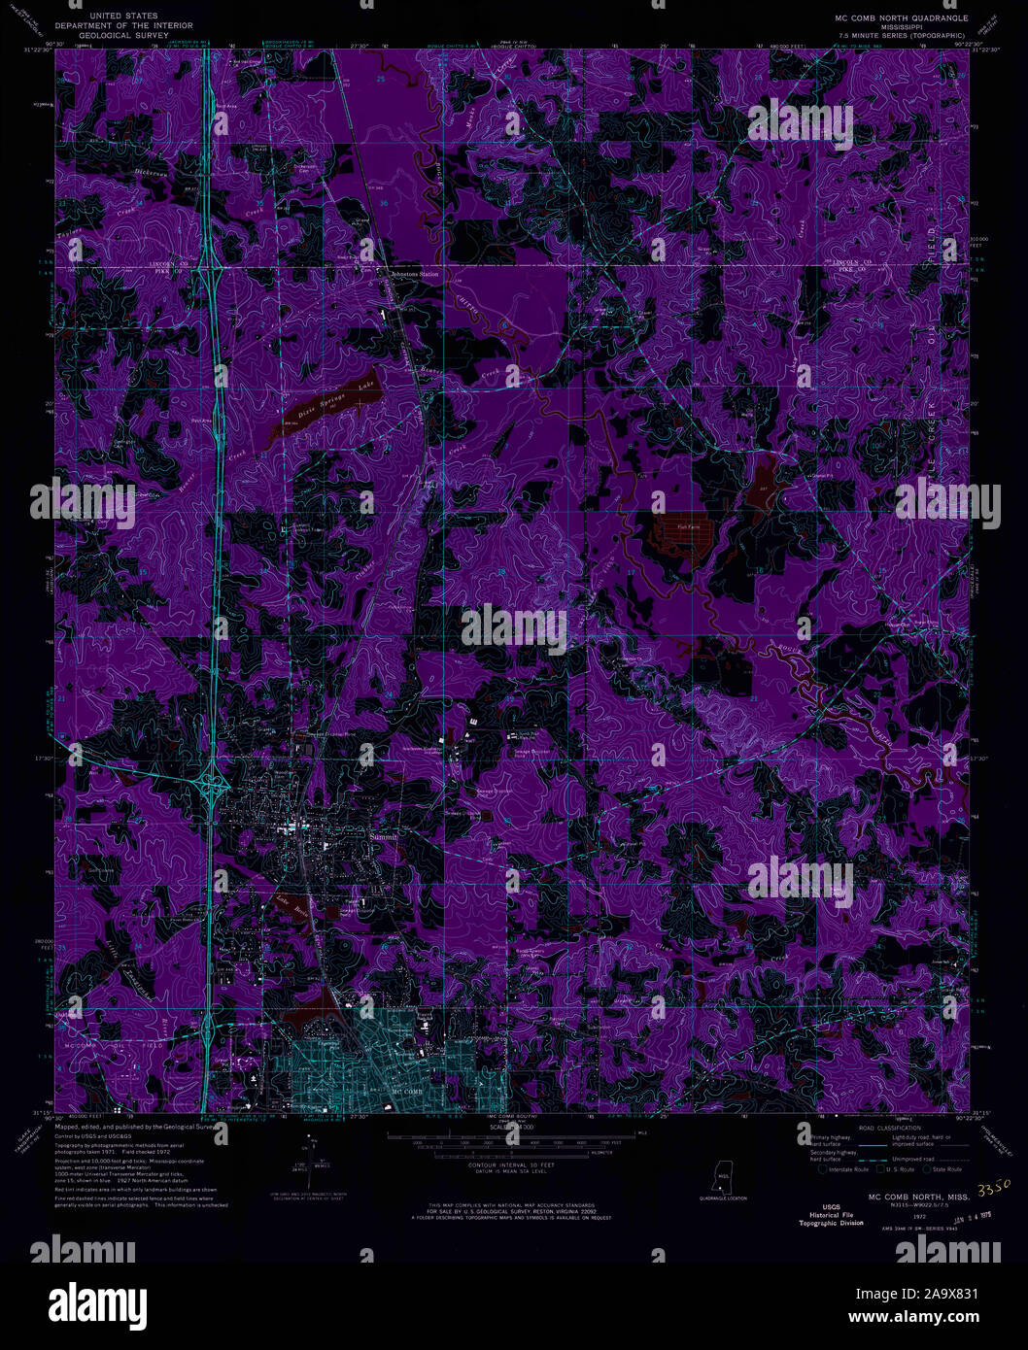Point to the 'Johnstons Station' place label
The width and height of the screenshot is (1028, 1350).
click(x=415, y=275)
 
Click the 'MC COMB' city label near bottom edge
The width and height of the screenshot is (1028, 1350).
click(x=409, y=1093)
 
